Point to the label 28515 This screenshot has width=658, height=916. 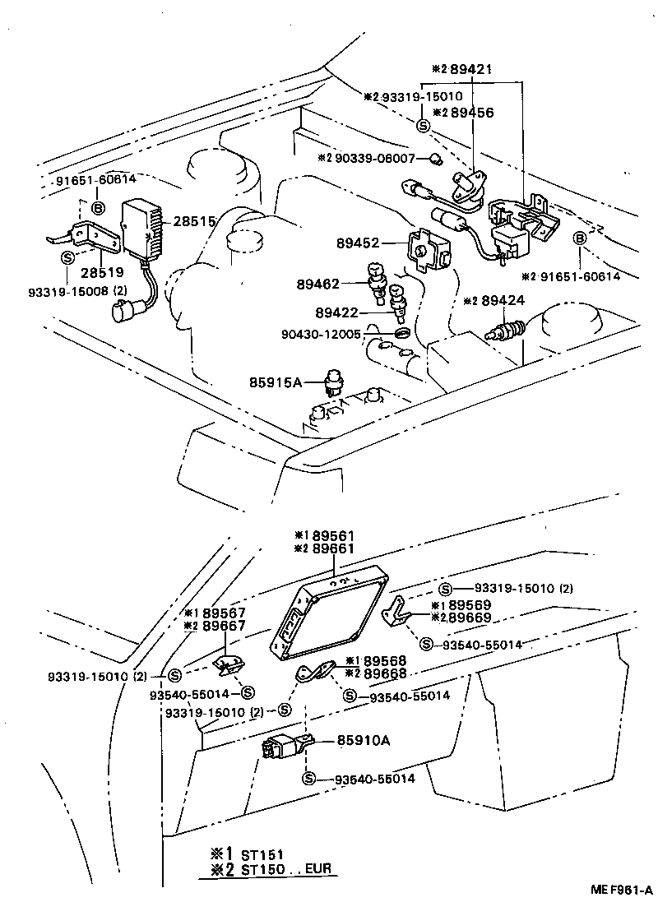193,222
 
